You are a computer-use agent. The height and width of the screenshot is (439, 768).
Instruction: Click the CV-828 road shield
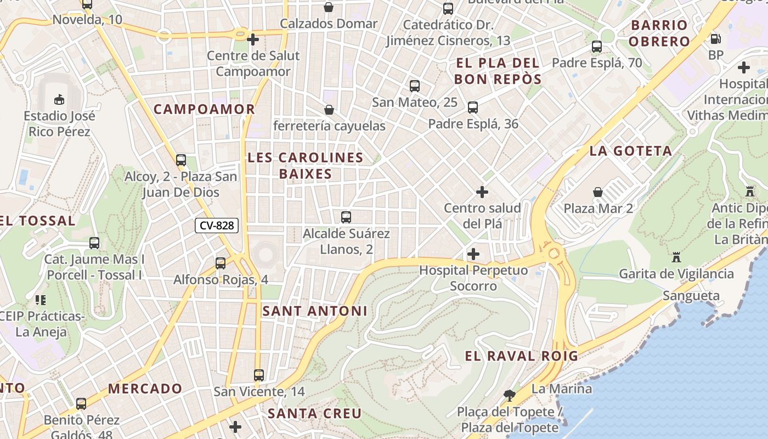[x=217, y=225]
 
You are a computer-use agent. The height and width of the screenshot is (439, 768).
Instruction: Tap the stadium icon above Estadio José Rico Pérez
[x=59, y=99]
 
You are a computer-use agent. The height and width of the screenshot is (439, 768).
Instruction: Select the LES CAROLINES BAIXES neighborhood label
[x=306, y=166]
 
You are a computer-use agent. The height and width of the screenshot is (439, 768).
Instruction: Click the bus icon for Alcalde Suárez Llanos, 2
[x=346, y=217]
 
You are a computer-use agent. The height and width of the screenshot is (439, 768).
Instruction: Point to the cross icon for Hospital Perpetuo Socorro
[x=473, y=254]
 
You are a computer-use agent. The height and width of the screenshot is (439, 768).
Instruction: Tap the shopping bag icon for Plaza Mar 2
[x=598, y=192]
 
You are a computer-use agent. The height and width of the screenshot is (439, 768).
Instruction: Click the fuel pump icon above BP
[x=715, y=38]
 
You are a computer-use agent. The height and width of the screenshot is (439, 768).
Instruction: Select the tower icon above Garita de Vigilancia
[x=676, y=257]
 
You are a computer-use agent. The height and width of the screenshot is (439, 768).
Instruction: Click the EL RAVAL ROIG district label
[x=521, y=356]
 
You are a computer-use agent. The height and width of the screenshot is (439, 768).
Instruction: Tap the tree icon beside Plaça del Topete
[x=510, y=395]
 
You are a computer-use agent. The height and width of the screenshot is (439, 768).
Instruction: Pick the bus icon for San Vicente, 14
[x=259, y=375]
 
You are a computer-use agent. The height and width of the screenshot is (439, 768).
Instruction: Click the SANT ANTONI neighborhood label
[x=315, y=311]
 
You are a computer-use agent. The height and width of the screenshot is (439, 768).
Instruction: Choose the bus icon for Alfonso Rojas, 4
[x=221, y=263]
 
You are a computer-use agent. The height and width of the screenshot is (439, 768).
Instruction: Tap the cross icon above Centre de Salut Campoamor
[x=253, y=39]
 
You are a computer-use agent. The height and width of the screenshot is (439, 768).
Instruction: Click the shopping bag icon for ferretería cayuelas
[x=329, y=110]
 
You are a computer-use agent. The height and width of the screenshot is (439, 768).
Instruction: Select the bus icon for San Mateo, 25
[x=415, y=86]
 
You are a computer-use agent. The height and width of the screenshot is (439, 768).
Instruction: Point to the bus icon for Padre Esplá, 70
[x=597, y=47]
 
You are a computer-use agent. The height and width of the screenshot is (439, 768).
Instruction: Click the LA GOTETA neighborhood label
[x=630, y=151]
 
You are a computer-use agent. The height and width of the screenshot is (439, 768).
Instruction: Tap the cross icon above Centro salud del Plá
[x=482, y=192]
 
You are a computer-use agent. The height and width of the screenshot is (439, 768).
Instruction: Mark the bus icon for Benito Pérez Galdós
[x=81, y=404]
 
